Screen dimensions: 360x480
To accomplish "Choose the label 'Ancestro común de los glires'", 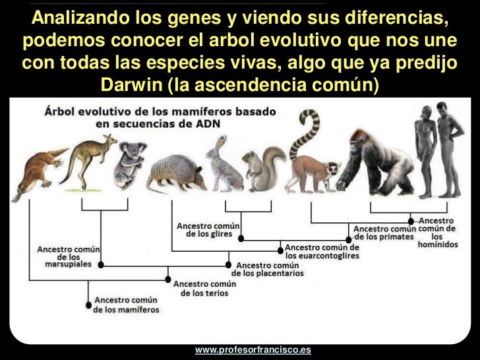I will coord(208,229).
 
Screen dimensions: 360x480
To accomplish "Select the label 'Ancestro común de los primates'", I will coord(384,232).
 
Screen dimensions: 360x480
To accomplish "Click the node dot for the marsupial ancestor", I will coord(101,264).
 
